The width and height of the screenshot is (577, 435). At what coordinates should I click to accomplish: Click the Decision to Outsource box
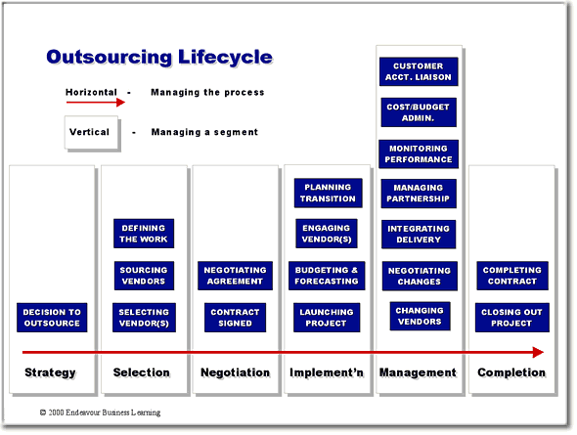(52, 318)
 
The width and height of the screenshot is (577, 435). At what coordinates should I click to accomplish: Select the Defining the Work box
(144, 234)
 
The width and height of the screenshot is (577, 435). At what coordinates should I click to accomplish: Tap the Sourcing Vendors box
(144, 276)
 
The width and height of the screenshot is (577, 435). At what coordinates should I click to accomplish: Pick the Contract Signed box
(235, 318)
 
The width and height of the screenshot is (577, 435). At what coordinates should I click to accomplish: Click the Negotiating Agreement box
(235, 276)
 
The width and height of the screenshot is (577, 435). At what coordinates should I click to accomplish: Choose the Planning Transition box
(328, 193)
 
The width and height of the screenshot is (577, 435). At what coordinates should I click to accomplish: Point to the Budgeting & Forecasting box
(327, 276)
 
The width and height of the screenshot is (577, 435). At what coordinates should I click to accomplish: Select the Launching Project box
(327, 318)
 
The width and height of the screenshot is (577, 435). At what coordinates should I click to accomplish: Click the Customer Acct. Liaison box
(419, 71)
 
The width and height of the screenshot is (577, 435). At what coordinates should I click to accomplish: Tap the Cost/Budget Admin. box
(419, 112)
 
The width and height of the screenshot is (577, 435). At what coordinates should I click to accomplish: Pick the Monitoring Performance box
(419, 153)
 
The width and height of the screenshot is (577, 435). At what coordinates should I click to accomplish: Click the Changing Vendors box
(420, 316)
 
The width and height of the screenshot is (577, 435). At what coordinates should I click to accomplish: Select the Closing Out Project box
(511, 318)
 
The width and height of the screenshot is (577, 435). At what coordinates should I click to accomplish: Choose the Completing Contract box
(512, 276)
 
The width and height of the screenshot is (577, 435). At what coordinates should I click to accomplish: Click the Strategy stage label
(50, 372)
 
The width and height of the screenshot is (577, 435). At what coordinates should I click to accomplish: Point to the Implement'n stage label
(327, 372)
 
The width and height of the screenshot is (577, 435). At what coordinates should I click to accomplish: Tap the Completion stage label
(511, 372)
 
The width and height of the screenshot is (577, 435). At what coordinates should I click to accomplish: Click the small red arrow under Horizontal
(96, 103)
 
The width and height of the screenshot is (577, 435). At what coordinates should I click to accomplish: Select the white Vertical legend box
(91, 132)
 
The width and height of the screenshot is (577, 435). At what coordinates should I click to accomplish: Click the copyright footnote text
(100, 413)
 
